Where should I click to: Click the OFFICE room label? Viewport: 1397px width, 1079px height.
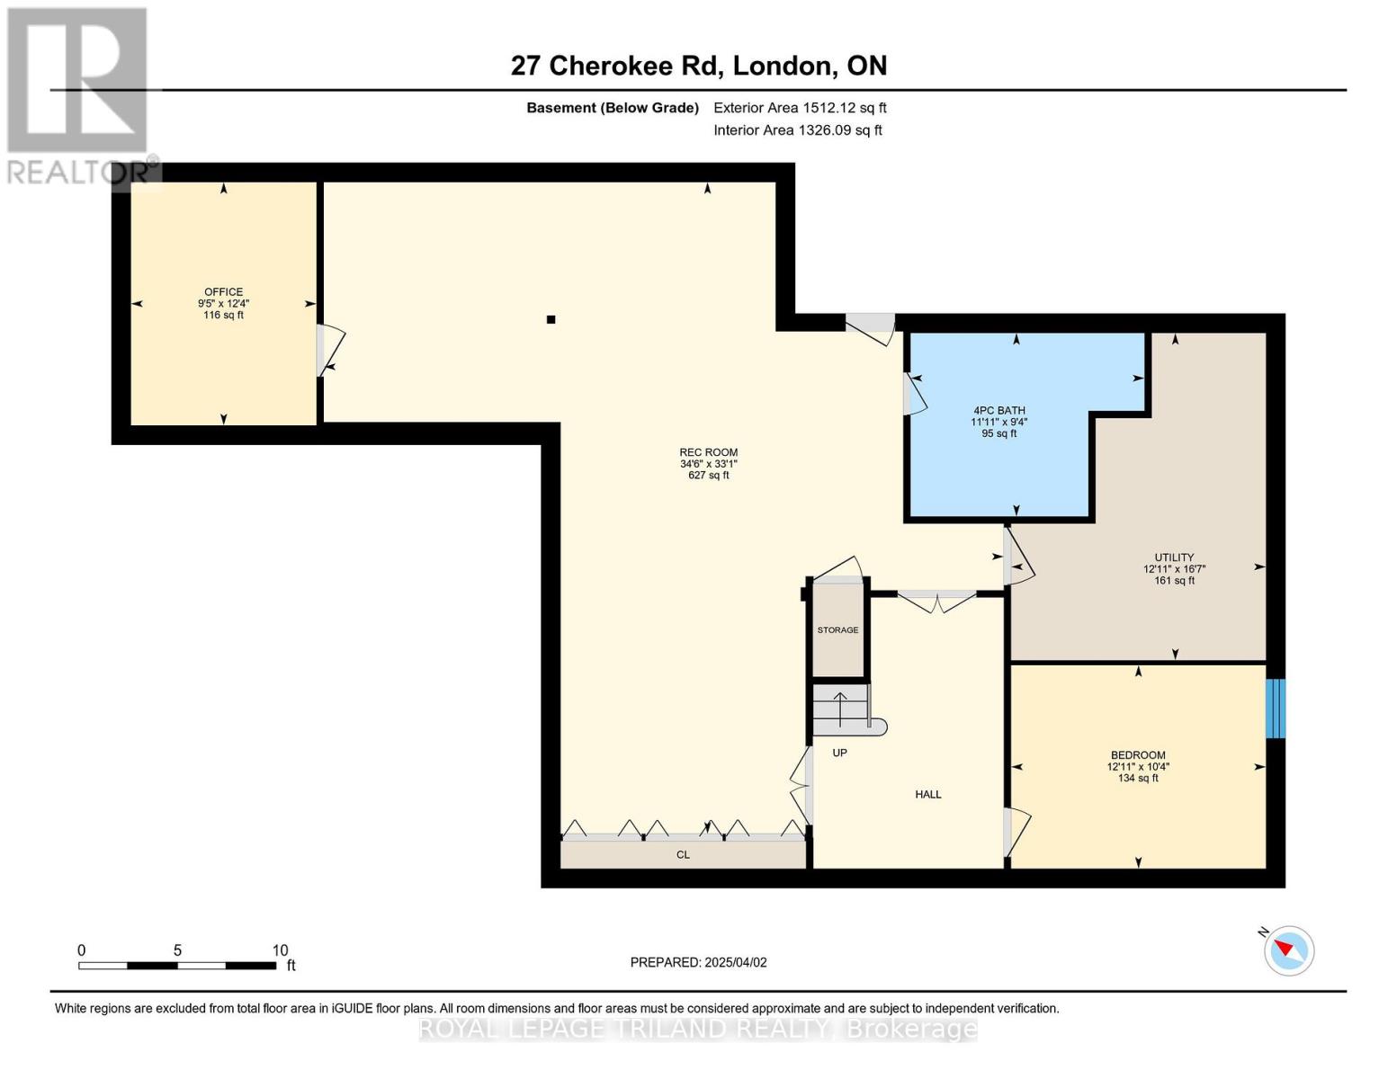[x=223, y=291]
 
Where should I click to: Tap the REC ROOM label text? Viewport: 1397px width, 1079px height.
[x=708, y=452]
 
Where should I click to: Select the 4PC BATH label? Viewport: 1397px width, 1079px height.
[x=998, y=410]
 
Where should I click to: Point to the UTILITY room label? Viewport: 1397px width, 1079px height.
[x=1174, y=557]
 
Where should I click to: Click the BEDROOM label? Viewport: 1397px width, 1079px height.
[x=1138, y=755]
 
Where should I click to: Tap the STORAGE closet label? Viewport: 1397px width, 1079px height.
[x=837, y=630]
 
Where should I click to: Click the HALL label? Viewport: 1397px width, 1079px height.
[x=928, y=794]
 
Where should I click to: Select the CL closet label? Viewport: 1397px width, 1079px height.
[x=683, y=855]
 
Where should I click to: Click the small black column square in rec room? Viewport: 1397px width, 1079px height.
[x=551, y=319]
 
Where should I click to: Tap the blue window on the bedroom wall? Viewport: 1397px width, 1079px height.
[x=1276, y=709]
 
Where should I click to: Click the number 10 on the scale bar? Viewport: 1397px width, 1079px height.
[x=280, y=950]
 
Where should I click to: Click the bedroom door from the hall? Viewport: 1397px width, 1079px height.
[x=1016, y=833]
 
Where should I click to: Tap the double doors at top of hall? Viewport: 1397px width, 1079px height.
[x=937, y=600]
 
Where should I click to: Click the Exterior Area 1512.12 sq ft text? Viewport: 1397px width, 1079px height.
[x=800, y=108]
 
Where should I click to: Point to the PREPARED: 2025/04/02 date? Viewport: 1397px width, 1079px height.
[x=698, y=962]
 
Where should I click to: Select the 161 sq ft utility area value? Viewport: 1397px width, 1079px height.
[x=1174, y=581]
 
